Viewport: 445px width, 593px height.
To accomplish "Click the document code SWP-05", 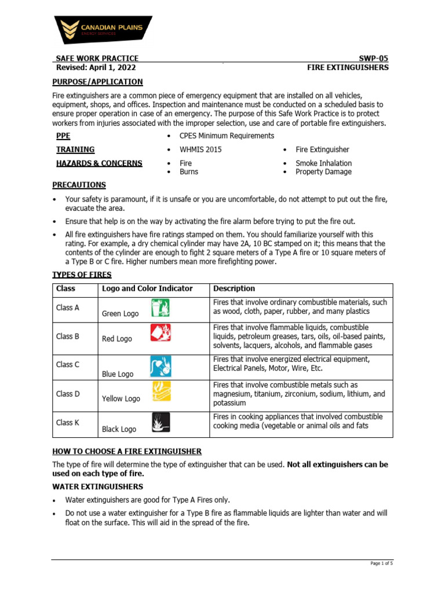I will point(374,58).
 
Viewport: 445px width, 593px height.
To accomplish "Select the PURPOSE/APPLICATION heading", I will point(97,82).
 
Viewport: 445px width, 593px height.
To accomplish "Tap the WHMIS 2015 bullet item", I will point(200,149).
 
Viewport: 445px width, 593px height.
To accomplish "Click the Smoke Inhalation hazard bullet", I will point(323,163).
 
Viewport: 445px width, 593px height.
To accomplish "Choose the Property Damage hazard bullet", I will point(323,171).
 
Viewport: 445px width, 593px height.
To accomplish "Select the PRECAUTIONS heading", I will point(79,185).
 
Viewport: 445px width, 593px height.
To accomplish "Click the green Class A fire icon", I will point(160,308).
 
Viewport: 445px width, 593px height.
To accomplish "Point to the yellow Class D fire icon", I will point(161,392).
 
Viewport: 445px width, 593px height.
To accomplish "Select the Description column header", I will point(234,288).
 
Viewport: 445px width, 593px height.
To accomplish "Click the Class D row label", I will point(68,394).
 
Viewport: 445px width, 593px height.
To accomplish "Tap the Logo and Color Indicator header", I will point(147,288).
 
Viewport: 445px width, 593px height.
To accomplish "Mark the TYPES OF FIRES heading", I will point(82,274).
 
